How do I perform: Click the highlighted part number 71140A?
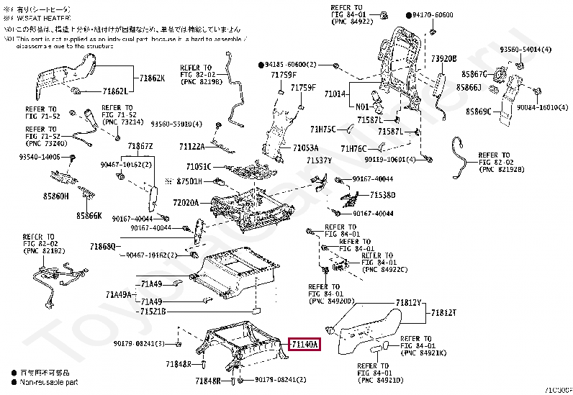pyautogui.click(x=304, y=345)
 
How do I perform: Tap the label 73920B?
pyautogui.click(x=444, y=58)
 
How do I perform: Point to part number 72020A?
pyautogui.click(x=186, y=203)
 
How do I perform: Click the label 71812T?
pyautogui.click(x=444, y=312)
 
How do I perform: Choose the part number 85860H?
pyautogui.click(x=54, y=196)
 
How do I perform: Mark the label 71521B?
pyautogui.click(x=153, y=312)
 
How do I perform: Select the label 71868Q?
pyautogui.click(x=103, y=247)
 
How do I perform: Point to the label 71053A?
pyautogui.click(x=305, y=148)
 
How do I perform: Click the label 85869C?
pyautogui.click(x=478, y=112)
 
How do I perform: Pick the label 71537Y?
pyautogui.click(x=319, y=160)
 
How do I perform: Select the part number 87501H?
pyautogui.click(x=190, y=181)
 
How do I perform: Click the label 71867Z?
pyautogui.click(x=140, y=146)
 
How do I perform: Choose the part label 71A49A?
pyautogui.click(x=117, y=294)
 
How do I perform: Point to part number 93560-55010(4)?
pyautogui.click(x=176, y=124)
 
